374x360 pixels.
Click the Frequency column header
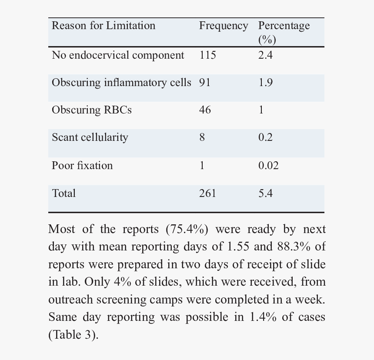click(x=224, y=26)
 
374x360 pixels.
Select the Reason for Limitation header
click(x=104, y=25)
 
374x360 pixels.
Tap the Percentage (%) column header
click(x=284, y=33)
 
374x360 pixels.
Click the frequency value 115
click(x=207, y=55)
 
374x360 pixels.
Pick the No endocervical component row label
click(x=118, y=55)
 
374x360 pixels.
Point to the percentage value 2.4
click(x=265, y=55)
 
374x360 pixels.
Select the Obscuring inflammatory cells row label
click(x=121, y=83)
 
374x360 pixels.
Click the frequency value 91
click(x=205, y=83)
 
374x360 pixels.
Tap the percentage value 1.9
click(x=265, y=83)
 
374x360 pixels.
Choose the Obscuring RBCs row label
click(x=92, y=110)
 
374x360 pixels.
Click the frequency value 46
click(x=205, y=110)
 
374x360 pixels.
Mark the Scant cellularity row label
click(x=90, y=137)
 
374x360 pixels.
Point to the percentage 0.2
click(x=265, y=137)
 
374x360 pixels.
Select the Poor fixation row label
click(x=82, y=166)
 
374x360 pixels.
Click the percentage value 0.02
click(x=268, y=166)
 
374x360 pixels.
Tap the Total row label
click(x=63, y=193)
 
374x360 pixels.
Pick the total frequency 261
click(x=207, y=193)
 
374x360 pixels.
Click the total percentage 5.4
click(x=265, y=193)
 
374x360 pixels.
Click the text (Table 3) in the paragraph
click(x=73, y=335)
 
